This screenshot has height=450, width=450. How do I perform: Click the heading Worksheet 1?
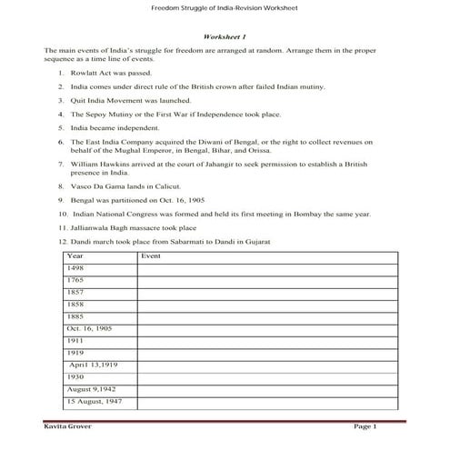[225, 35]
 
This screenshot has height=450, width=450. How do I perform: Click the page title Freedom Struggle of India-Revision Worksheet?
[225, 10]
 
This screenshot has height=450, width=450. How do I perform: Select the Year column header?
[76, 256]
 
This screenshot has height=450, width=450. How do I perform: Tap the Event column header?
[152, 256]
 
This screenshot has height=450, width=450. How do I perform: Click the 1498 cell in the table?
[75, 268]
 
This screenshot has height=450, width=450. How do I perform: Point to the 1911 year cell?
[75, 339]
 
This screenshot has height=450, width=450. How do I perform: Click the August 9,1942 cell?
[87, 387]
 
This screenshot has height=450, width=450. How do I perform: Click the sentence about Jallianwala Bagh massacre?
[145, 227]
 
